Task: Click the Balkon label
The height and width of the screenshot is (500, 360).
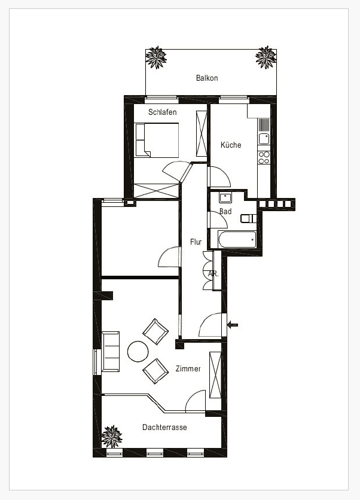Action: pos(207,78)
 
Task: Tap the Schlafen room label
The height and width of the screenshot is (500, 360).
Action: pos(163,112)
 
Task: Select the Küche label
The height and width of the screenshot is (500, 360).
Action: pos(231,145)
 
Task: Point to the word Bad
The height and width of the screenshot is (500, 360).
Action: pos(225,212)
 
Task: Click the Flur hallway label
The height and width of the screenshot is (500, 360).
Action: pos(196,242)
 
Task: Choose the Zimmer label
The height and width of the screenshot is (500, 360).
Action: pos(188,369)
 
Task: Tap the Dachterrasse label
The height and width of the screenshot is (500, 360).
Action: pos(164,427)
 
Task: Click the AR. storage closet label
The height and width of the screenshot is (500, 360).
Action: pos(213,274)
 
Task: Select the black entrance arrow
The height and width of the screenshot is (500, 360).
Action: pos(233,325)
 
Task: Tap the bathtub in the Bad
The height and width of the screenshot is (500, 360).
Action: pos(237,240)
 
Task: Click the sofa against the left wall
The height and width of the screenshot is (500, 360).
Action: pos(111,351)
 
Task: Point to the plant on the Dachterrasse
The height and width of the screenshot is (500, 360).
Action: pos(111,437)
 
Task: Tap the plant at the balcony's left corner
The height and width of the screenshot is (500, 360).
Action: pos(157,57)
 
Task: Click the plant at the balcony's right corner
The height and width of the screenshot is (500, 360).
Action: pos(266,57)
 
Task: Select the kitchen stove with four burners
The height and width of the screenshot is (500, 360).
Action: pos(264,157)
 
